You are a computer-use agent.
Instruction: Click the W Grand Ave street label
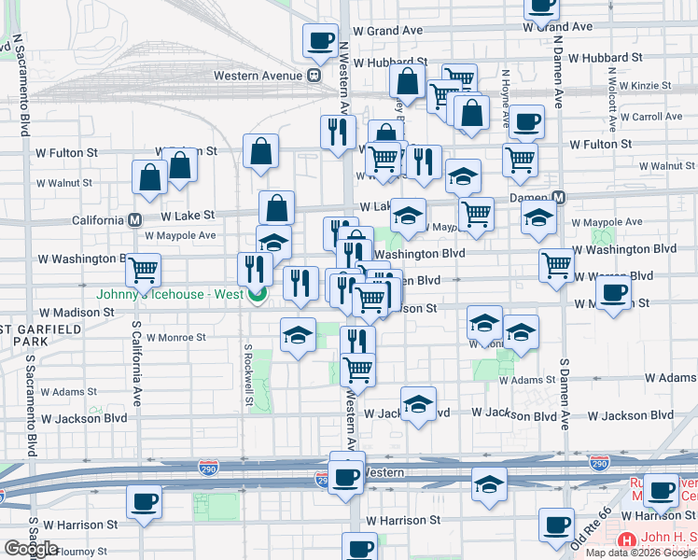(x=558, y=28)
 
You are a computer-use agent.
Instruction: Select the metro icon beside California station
(x=134, y=220)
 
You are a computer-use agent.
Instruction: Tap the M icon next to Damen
(x=559, y=198)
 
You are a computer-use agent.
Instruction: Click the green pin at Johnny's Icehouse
(x=257, y=295)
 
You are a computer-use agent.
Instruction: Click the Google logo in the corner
(x=31, y=549)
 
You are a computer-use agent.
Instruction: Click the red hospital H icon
(x=627, y=540)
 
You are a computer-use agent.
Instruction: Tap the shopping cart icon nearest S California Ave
(x=143, y=270)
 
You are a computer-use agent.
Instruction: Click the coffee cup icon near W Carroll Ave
(x=526, y=121)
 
